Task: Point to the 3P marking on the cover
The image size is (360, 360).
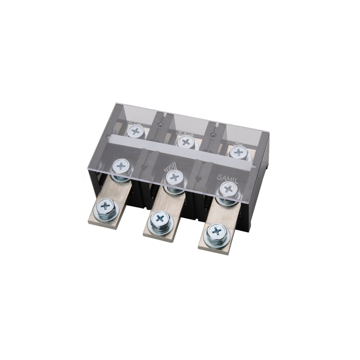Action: pyautogui.click(x=238, y=142)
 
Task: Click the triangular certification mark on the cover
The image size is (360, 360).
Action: pyautogui.click(x=172, y=167)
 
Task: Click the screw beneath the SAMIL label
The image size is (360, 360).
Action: pyautogui.click(x=228, y=189)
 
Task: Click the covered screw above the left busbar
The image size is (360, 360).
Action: pyautogui.click(x=121, y=166)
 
